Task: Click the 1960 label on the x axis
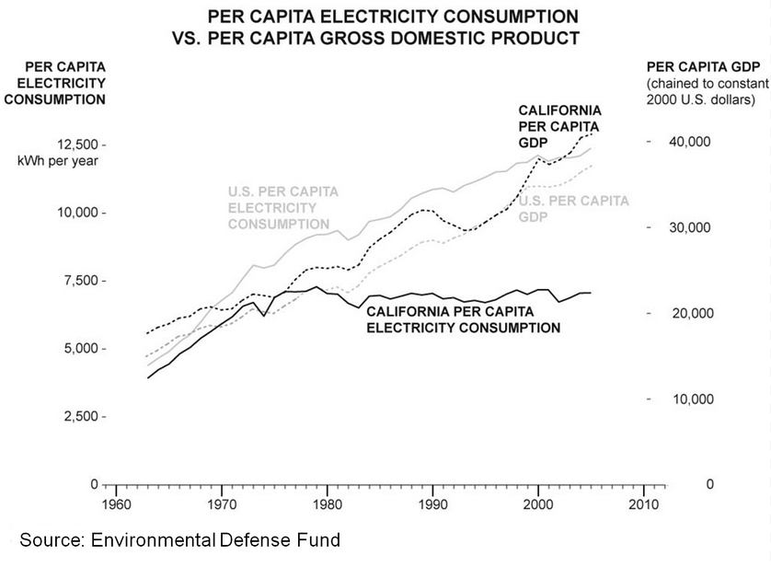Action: (112, 505)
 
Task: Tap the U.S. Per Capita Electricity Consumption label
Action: (282, 207)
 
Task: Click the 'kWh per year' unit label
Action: (57, 161)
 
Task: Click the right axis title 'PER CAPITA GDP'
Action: (698, 66)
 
